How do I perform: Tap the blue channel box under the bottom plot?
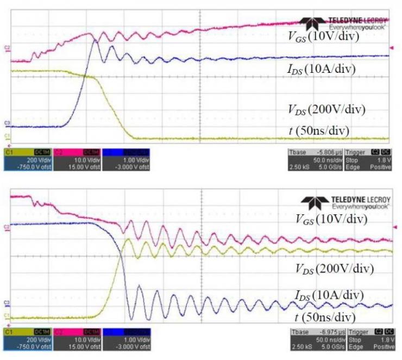(x=126, y=339)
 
